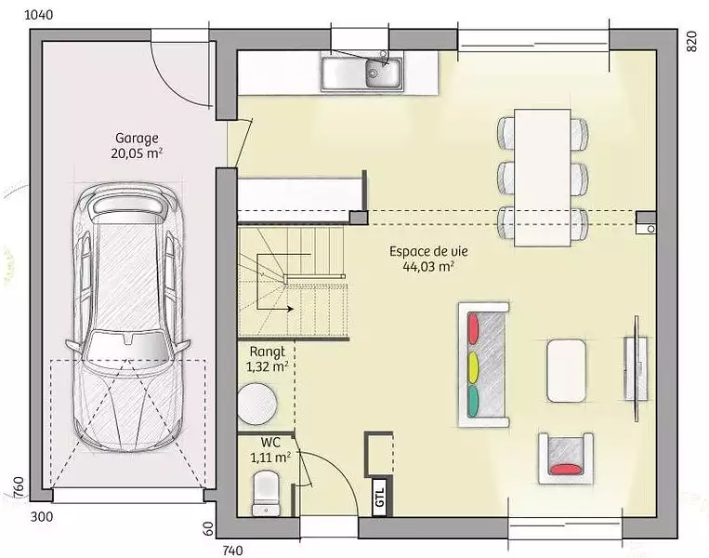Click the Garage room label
pos(137,138)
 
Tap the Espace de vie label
pos(428,251)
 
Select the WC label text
pos(270,442)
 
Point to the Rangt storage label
pos(268,352)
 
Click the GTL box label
pos(379,497)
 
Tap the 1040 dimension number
pos(38,15)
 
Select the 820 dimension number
pos(692,42)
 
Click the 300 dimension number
pos(42,516)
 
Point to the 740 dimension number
pos(233,551)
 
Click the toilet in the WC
pos(266,493)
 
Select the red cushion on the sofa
pos(473,328)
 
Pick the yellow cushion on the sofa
pos(473,366)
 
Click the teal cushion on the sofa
pos(473,401)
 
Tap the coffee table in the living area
pos(567,371)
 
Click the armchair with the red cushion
pos(566,458)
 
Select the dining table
pos(543,178)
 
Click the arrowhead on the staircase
pos(290,309)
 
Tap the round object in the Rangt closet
pos(257,405)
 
